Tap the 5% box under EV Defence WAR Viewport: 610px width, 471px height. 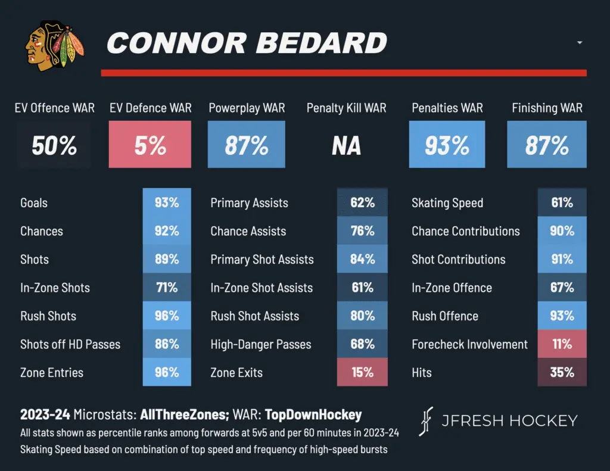point(150,145)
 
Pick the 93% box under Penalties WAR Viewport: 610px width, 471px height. point(447,145)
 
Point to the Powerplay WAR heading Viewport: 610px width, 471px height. point(247,108)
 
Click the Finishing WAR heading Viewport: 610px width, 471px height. point(547,108)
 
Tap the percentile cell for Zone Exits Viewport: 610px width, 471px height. point(362,373)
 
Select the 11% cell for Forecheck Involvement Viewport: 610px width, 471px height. point(562,344)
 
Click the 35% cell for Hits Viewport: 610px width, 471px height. point(562,373)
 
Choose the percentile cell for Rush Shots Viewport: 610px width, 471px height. point(167,316)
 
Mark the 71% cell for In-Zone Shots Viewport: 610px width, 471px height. point(167,288)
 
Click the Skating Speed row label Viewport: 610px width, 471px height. point(447,202)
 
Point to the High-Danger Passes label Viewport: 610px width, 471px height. point(261,344)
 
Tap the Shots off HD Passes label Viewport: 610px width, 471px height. point(70,344)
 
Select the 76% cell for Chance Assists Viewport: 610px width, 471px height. point(362,231)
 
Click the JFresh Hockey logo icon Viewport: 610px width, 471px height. point(427,421)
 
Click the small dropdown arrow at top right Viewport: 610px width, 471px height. point(580,43)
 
